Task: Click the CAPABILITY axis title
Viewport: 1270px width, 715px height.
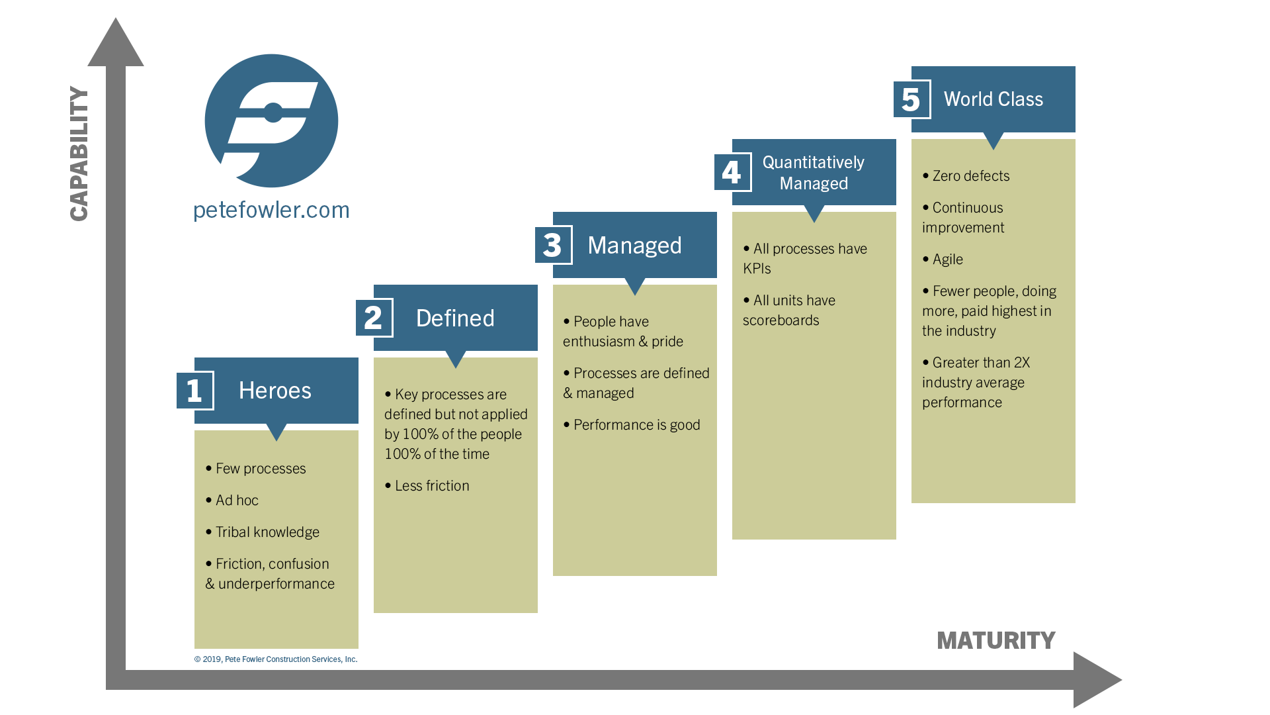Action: pos(79,154)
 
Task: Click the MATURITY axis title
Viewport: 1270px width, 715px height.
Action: pos(995,640)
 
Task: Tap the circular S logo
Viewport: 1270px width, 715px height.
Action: pos(271,120)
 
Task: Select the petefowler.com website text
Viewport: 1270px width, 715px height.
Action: pos(271,210)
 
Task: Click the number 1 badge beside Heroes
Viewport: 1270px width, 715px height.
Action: pos(194,391)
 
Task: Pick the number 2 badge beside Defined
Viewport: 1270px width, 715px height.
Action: pos(374,318)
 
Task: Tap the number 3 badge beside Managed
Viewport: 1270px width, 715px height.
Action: pos(553,245)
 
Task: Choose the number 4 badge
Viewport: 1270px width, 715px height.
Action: pos(732,172)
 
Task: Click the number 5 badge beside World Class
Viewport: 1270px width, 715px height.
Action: pos(911,99)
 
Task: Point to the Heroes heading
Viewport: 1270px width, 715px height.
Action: pos(275,391)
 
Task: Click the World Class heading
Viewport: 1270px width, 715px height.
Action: pos(993,99)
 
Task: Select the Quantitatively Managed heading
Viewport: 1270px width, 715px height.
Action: pos(814,173)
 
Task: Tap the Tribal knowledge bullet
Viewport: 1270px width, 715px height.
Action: pos(263,532)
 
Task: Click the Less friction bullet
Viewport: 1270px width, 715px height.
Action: pos(427,486)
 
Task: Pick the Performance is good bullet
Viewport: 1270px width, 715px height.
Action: pos(632,425)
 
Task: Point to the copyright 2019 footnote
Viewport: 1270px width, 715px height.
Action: pos(276,659)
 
